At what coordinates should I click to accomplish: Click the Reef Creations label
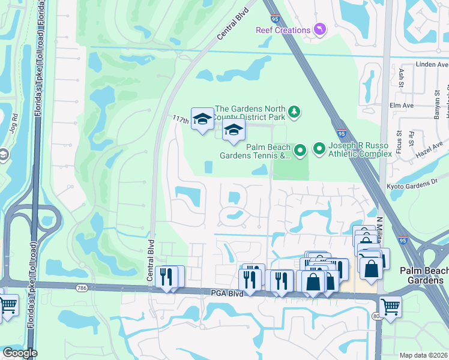click(283, 30)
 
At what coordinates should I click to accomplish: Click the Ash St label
click(401, 76)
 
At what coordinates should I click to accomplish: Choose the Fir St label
click(412, 139)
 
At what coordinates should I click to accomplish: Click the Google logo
click(20, 353)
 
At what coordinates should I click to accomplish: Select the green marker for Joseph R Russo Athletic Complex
click(319, 148)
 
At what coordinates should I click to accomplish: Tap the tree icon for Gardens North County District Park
click(294, 111)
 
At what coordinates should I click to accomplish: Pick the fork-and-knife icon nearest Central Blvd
click(166, 277)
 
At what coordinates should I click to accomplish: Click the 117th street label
click(181, 120)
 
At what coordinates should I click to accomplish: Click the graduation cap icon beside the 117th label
click(202, 119)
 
